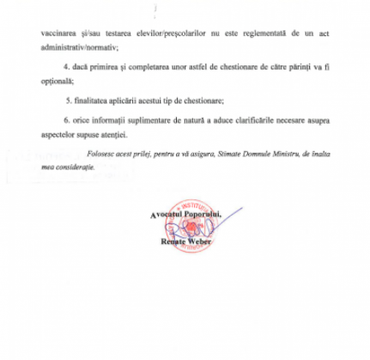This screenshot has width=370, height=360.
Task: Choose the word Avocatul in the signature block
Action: point(167,213)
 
